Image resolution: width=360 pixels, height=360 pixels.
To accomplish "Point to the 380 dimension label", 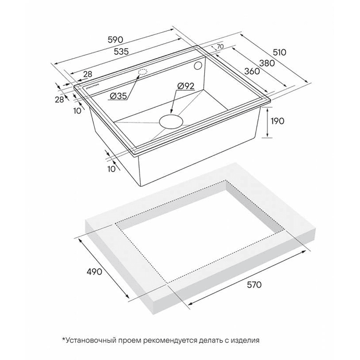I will (266, 63).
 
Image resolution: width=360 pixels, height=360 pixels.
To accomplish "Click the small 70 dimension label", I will (220, 47).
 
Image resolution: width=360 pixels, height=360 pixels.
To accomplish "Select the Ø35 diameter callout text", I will (119, 96).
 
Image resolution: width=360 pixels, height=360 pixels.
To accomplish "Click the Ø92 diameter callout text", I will (186, 86).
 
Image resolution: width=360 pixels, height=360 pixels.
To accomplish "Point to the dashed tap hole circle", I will (142, 72).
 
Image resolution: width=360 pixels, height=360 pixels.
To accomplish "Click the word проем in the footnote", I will (133, 340).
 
